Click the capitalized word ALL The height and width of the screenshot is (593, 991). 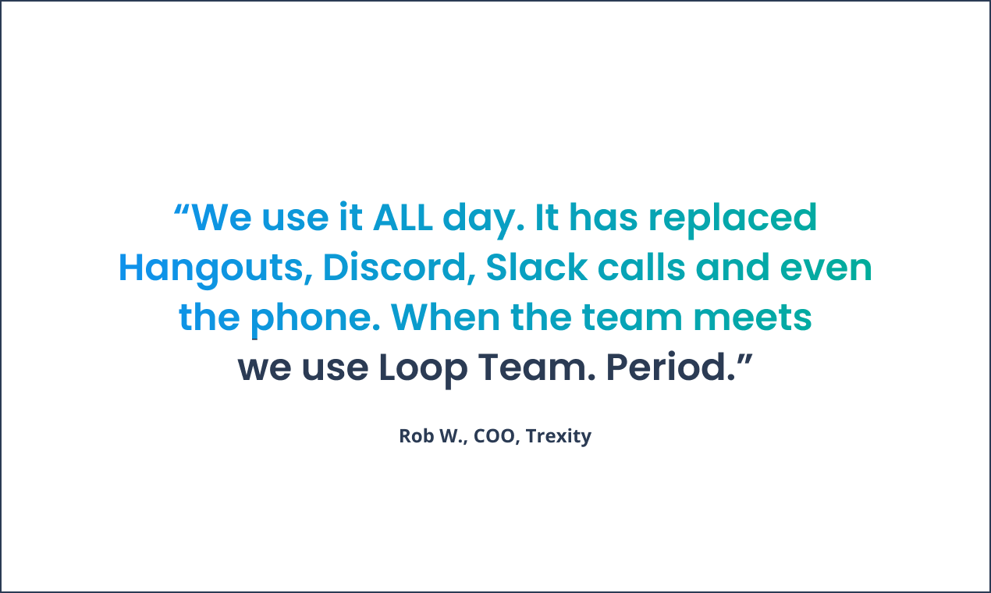click(403, 218)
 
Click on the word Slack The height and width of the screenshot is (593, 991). click(536, 268)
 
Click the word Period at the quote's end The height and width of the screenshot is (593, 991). click(666, 368)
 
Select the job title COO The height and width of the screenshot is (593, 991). click(495, 435)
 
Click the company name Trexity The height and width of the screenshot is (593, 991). click(559, 435)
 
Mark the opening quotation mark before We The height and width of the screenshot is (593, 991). click(181, 209)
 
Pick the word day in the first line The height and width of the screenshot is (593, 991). click(479, 218)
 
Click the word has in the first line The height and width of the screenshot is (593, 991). click(603, 218)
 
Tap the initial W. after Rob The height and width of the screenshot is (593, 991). click(452, 435)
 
